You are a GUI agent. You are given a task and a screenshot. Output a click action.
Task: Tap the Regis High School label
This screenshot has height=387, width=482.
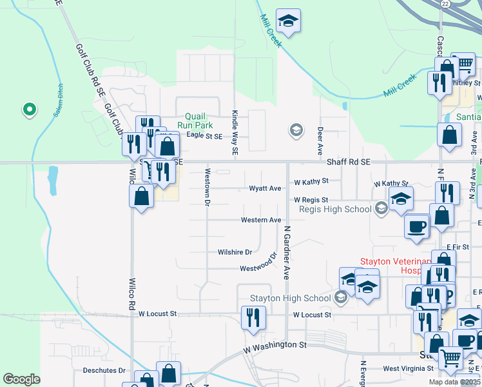click(335, 209)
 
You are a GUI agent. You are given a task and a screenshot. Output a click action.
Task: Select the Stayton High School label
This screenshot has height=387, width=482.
click(290, 298)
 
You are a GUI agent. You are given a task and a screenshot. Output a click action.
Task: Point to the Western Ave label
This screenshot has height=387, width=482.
click(261, 220)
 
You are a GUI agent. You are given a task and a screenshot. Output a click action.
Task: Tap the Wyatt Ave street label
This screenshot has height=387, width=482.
click(265, 188)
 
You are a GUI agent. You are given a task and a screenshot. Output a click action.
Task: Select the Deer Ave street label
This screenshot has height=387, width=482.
click(320, 141)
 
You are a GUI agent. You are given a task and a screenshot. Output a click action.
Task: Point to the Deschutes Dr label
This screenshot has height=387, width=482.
click(104, 370)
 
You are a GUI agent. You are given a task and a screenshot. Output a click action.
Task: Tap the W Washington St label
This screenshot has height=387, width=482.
click(275, 346)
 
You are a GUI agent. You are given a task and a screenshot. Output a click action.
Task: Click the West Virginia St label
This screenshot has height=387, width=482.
click(408, 368)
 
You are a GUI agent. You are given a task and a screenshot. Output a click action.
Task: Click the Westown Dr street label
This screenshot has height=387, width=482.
click(207, 187)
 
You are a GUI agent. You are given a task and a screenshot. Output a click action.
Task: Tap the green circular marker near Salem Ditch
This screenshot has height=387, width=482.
click(28, 110)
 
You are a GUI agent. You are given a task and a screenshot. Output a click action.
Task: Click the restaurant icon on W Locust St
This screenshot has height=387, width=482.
click(251, 317)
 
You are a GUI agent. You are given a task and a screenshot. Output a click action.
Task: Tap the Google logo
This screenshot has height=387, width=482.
click(21, 379)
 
